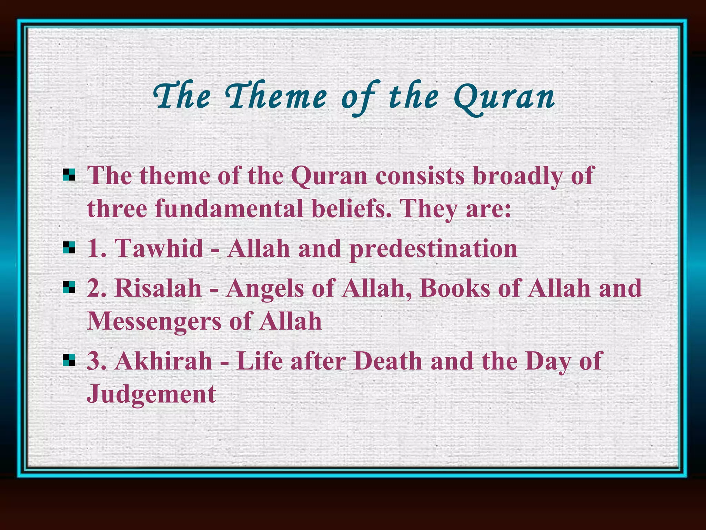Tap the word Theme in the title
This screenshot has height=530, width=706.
[x=276, y=97]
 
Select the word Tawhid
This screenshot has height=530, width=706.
[x=159, y=248]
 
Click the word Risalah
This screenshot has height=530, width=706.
[x=158, y=288]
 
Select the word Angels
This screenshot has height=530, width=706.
[x=265, y=288]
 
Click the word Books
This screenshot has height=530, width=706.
[x=455, y=288]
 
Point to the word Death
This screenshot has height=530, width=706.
[x=388, y=361]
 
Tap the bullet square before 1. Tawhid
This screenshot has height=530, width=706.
[x=69, y=247]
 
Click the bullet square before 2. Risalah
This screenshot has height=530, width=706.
[x=69, y=287]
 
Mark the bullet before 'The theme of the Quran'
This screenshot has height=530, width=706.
[x=69, y=175]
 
